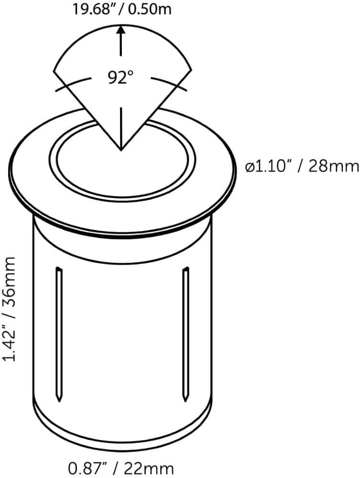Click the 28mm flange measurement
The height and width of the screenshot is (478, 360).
click(x=333, y=166)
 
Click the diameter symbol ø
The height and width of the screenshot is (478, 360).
click(x=249, y=167)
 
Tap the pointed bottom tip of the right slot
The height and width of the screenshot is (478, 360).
click(x=185, y=400)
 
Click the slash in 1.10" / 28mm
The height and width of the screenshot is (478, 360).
click(x=300, y=166)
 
